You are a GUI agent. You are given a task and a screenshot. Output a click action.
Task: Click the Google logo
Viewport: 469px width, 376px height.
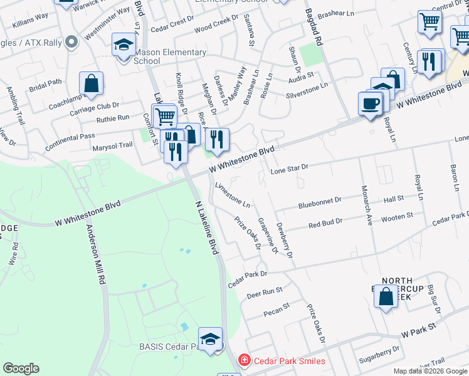coord(21,368)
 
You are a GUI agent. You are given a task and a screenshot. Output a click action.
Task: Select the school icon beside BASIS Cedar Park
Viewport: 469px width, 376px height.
coord(211,340)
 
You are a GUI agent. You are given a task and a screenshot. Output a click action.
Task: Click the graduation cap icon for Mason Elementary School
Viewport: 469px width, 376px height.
coord(124,45)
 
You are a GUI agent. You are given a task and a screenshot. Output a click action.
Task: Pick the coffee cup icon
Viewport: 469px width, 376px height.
coord(371,103)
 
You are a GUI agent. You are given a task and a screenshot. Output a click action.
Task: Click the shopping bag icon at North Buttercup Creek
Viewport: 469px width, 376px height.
coord(386,295)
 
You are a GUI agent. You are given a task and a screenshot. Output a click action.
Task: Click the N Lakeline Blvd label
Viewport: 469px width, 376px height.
coord(206,228)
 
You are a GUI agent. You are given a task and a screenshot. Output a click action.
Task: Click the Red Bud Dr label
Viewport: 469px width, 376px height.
coord(325,222)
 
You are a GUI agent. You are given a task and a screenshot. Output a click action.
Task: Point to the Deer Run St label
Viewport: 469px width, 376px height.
coord(265,292)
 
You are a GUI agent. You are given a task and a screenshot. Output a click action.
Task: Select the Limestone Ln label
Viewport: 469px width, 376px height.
coord(233,196)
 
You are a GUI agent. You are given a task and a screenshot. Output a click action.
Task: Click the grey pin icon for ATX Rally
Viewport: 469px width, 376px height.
coord(71,42)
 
